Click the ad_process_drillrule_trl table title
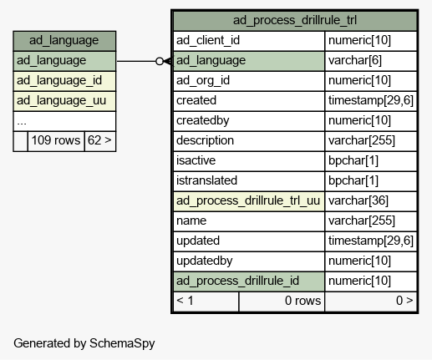coord(295,20)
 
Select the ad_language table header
coord(64,41)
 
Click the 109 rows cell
coord(56,141)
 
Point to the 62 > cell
coord(100,141)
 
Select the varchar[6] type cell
coord(371,61)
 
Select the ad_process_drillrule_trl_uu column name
coord(248,201)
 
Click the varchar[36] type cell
coord(371,201)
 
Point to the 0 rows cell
coord(282,302)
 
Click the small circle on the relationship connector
coord(160,61)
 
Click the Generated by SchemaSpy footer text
coord(84,343)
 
